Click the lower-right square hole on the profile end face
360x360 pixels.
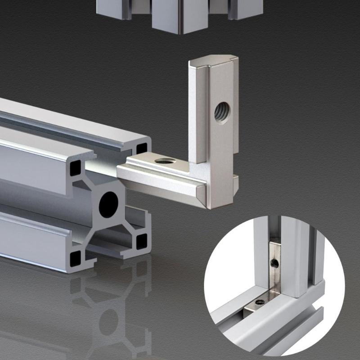[x=141, y=240]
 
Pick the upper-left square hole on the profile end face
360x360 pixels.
[x=75, y=168]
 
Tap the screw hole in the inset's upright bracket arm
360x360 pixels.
[x=274, y=261]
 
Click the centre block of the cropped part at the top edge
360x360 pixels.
[x=180, y=16]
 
